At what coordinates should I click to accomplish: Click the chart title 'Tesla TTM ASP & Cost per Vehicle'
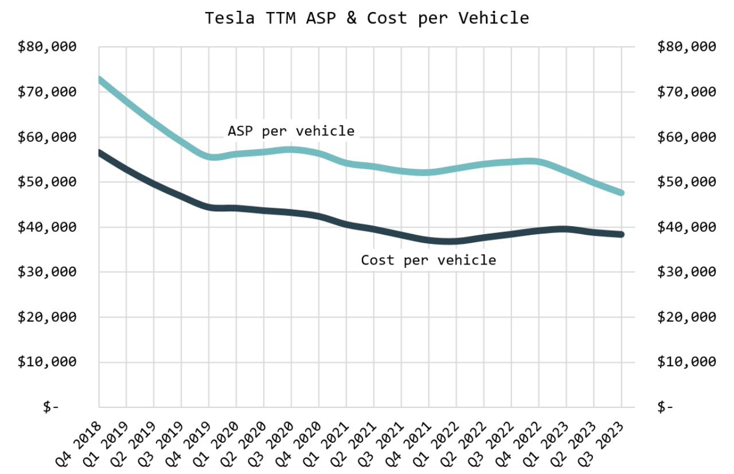(x=367, y=18)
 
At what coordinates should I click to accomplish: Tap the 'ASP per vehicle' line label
(x=291, y=131)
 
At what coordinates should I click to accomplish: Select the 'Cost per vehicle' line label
(x=428, y=260)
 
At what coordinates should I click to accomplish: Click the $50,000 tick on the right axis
(x=686, y=182)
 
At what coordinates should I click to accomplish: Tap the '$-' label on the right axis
(x=665, y=407)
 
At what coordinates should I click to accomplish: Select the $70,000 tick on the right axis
(x=686, y=92)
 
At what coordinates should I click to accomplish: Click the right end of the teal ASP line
(x=621, y=193)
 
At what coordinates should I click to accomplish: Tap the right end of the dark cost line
(x=621, y=234)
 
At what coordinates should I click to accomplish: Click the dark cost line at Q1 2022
(x=456, y=241)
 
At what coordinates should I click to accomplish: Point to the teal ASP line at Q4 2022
(x=538, y=162)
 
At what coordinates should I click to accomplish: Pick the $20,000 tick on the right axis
(x=686, y=317)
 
